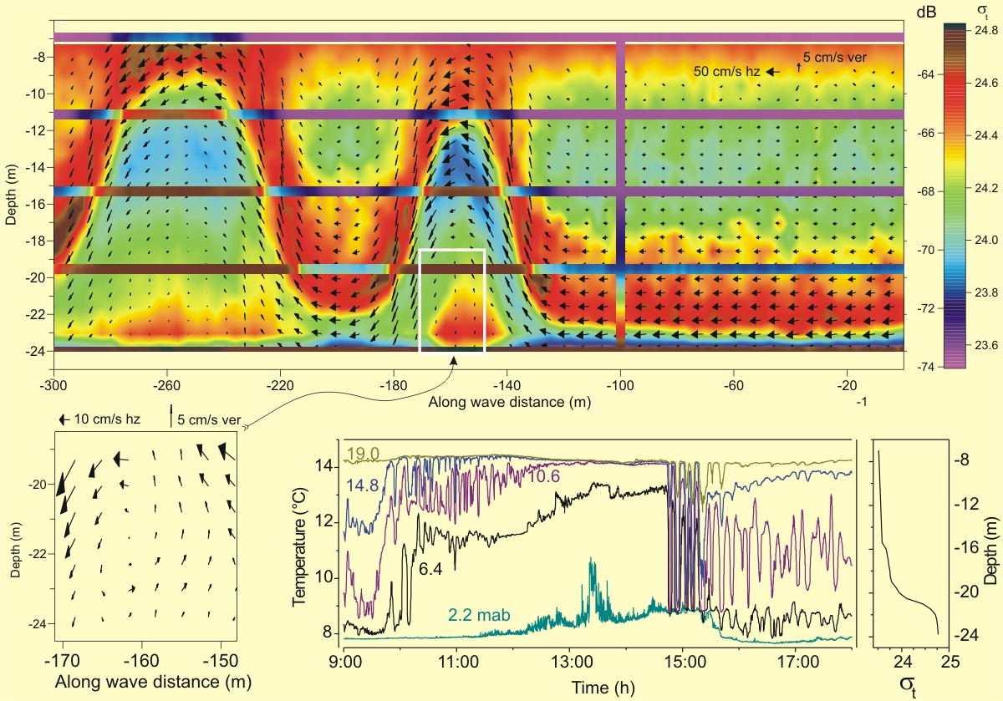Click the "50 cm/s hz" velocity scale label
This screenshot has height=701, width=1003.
(x=726, y=72)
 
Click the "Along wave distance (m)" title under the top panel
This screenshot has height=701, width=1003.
(x=510, y=402)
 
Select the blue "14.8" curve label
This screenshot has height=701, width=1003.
(x=362, y=486)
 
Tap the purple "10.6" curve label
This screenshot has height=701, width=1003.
(x=542, y=475)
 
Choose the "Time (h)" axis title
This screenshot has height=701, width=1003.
(x=600, y=686)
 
